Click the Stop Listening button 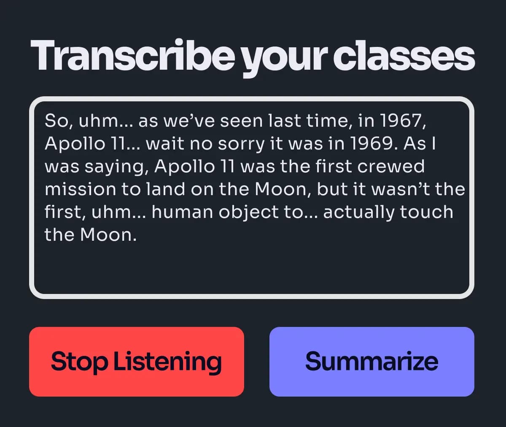point(136,362)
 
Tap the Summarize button point(371,362)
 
